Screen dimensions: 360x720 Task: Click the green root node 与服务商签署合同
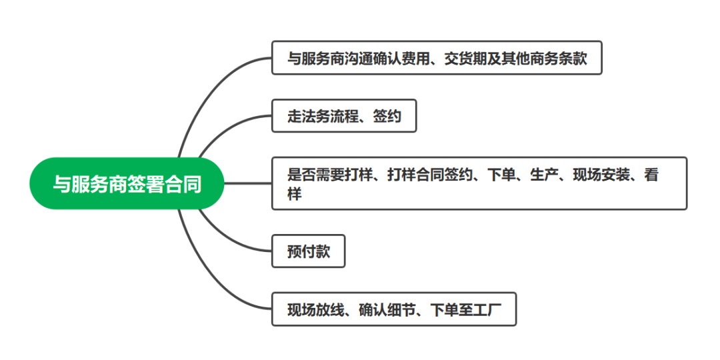[127, 183]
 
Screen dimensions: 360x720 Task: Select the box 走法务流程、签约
[344, 116]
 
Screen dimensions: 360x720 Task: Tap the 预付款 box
[308, 251]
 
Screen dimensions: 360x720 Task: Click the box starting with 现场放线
[393, 310]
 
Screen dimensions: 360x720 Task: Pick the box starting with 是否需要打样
[479, 183]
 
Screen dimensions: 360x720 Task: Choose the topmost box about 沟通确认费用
[437, 58]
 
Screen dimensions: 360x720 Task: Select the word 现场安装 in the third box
[601, 175]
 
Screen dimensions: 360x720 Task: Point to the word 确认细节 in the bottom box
[386, 310]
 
